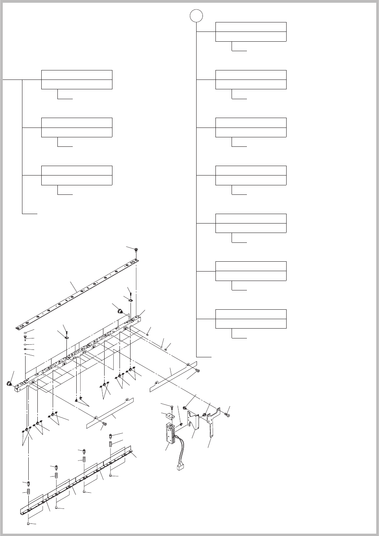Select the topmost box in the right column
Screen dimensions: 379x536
(251, 32)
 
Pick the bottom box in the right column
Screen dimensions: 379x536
(251, 319)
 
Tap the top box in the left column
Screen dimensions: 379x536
(77, 79)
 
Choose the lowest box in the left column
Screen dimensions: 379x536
(77, 176)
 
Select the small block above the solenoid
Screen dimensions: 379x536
(171, 416)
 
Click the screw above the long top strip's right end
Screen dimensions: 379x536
(136, 249)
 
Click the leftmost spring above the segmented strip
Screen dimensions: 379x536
(29, 492)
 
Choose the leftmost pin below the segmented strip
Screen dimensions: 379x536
(29, 523)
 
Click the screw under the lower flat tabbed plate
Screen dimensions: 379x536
(105, 424)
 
